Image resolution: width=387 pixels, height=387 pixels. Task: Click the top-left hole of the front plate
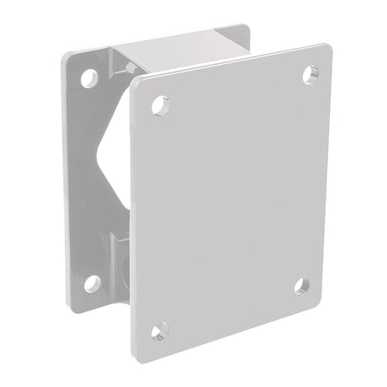[x=156, y=106]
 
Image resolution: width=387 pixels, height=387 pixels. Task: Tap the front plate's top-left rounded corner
[x=135, y=86]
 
